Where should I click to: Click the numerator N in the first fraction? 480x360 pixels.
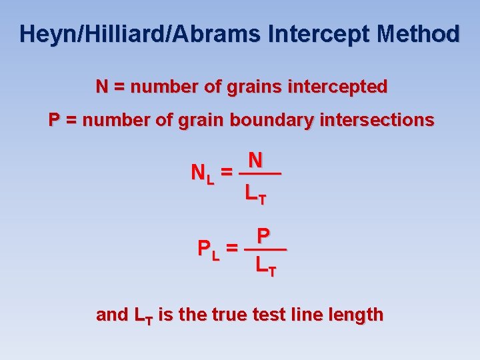pyautogui.click(x=255, y=160)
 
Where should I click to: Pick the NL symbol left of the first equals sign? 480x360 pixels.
pyautogui.click(x=202, y=174)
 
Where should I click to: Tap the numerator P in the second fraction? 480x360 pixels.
pyautogui.click(x=263, y=236)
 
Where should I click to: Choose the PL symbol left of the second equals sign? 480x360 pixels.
pyautogui.click(x=209, y=250)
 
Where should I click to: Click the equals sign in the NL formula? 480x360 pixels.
pyautogui.click(x=227, y=173)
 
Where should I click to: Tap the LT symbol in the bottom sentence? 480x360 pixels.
pyautogui.click(x=143, y=315)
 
